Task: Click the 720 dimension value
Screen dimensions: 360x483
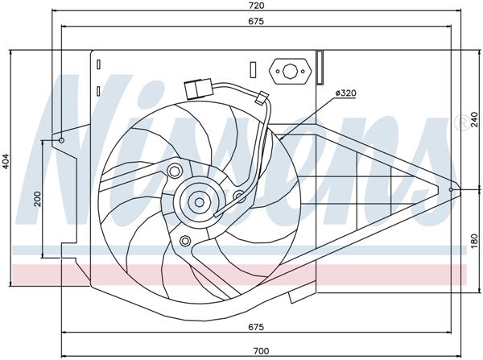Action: point(256,6)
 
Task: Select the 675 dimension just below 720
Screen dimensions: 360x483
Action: point(256,22)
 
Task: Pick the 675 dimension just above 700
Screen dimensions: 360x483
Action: point(256,327)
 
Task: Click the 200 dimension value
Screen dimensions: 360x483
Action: point(37,199)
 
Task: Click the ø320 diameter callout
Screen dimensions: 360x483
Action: point(345,93)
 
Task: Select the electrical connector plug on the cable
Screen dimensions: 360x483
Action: point(194,88)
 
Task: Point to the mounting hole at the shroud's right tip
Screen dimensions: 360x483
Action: point(452,190)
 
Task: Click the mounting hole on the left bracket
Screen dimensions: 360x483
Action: point(61,141)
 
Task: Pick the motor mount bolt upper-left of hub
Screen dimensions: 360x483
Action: point(173,169)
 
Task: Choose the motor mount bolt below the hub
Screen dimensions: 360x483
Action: point(185,240)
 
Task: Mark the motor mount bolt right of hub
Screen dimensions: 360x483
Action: point(238,195)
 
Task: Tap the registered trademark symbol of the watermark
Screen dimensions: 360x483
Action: point(460,122)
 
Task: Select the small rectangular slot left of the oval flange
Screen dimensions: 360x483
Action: point(253,70)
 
